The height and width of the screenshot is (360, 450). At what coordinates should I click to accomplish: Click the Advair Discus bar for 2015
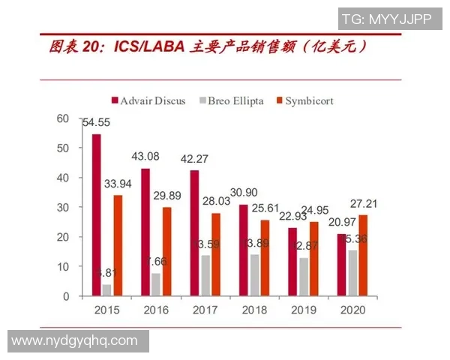point(96,215)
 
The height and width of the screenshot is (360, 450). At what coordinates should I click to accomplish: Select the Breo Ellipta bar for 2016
point(155,284)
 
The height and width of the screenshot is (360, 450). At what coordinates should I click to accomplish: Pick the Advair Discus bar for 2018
point(243,250)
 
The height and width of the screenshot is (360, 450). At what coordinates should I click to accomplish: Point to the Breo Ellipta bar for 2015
point(106,290)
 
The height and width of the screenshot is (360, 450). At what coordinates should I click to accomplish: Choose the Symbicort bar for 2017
point(215,254)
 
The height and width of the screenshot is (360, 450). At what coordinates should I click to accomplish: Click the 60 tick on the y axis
point(62,118)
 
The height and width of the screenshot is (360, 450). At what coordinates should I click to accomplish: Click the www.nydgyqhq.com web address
point(75,341)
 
